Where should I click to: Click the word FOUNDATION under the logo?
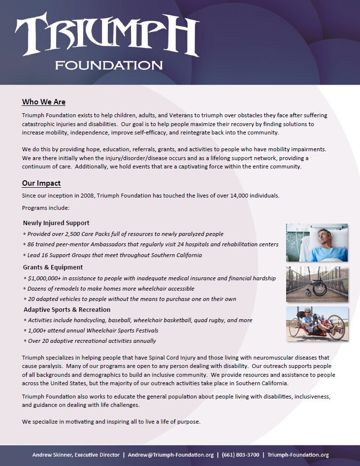click(x=109, y=65)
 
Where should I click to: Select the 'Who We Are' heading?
click(x=43, y=102)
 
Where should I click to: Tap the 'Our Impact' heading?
click(x=41, y=183)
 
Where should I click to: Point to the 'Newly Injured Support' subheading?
click(x=56, y=223)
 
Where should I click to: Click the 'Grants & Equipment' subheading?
click(x=53, y=267)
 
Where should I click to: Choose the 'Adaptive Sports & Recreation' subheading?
click(x=67, y=310)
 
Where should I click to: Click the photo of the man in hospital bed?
click(x=317, y=242)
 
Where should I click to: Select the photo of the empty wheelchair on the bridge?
click(x=317, y=284)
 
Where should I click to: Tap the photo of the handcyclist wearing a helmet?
click(x=317, y=324)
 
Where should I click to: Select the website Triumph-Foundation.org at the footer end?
click(x=298, y=455)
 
